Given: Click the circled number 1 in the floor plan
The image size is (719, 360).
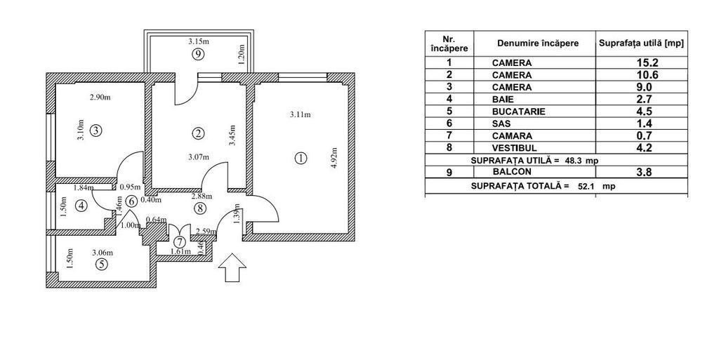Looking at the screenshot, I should point(301,158).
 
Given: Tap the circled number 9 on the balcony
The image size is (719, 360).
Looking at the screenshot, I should point(199,54).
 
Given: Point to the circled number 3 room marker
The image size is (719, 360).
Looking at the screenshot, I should point(96,130).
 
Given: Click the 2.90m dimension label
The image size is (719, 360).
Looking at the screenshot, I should point(99,97).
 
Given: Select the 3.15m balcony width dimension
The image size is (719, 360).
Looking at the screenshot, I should point(199,41).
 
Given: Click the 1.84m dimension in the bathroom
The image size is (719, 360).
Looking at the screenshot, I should point(83,187).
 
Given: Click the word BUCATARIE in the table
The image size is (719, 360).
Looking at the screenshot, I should point(518,112).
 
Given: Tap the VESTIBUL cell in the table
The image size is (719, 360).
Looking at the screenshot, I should point(515,148).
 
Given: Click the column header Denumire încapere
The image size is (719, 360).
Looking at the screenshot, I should point(537,44).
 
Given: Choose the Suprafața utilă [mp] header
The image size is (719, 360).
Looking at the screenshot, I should point(641,44).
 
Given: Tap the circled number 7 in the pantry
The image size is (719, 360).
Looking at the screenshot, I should point(180,241).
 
